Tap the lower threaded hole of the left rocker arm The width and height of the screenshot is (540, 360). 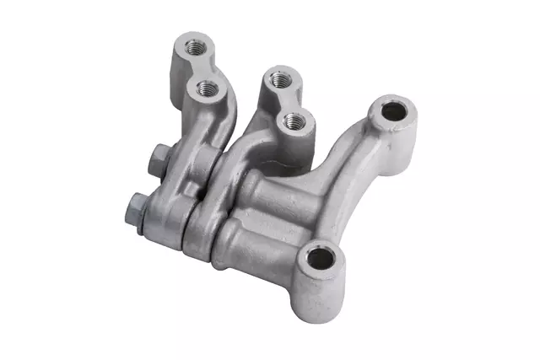(206, 87)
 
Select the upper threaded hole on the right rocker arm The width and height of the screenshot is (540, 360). (279, 80)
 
